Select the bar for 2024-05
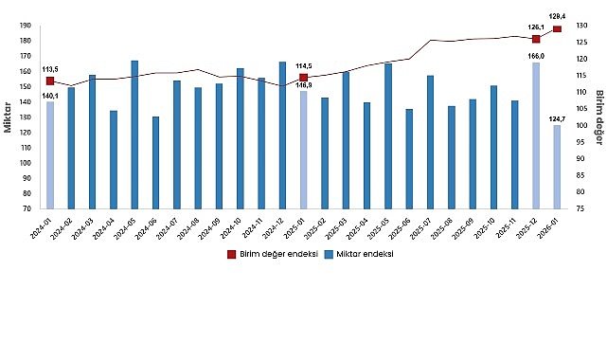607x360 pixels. (x=134, y=135)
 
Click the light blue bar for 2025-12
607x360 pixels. (x=536, y=135)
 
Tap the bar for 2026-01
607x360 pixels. (x=557, y=167)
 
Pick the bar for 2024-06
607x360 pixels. (x=155, y=163)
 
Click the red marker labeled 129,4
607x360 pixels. (x=557, y=29)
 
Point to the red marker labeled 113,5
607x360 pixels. (x=50, y=81)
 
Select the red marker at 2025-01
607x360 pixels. (x=303, y=78)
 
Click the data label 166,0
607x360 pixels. (x=536, y=56)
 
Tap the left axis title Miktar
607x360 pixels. (x=8, y=117)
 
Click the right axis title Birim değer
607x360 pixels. (x=598, y=117)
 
